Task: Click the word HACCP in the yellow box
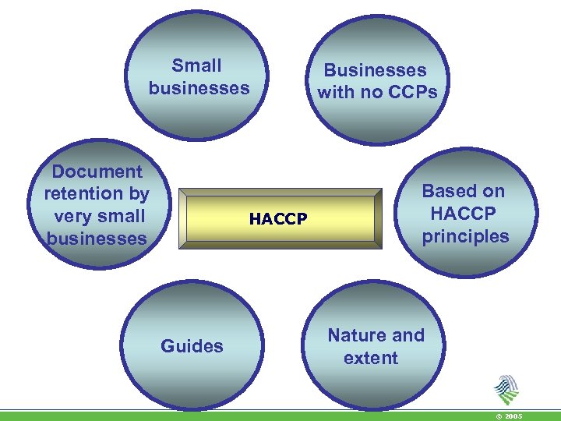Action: click(x=278, y=220)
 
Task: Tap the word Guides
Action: click(x=192, y=346)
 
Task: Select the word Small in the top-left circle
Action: click(x=196, y=65)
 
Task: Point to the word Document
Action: click(x=97, y=172)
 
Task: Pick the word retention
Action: click(x=84, y=193)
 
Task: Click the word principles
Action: click(x=465, y=236)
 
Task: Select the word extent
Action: click(x=370, y=358)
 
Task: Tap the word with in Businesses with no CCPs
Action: click(x=337, y=93)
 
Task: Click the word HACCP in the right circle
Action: click(x=464, y=214)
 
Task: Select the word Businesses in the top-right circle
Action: click(x=376, y=70)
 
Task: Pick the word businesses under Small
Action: click(x=199, y=87)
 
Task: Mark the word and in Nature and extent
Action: click(x=409, y=335)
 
